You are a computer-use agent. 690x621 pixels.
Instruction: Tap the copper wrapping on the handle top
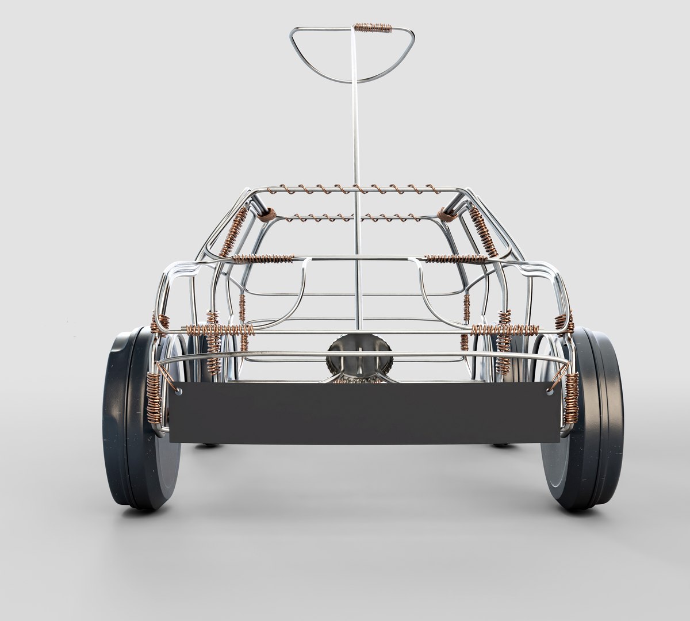point(373,27)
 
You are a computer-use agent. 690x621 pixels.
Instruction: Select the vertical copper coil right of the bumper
point(573,397)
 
